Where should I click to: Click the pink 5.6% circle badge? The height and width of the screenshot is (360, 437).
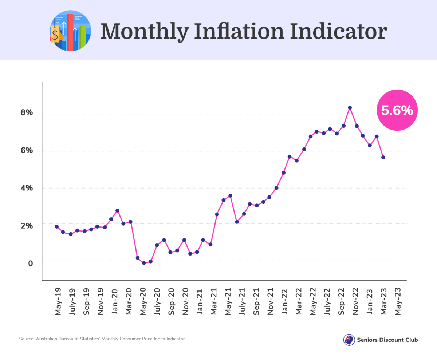click(397, 110)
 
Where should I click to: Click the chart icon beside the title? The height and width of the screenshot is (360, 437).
click(70, 31)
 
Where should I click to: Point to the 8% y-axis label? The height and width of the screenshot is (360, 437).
click(27, 112)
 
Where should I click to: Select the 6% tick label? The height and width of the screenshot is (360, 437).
click(27, 150)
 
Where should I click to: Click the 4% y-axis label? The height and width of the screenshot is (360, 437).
click(27, 188)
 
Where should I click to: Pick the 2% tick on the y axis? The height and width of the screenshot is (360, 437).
click(27, 226)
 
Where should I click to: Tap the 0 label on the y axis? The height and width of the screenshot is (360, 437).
click(31, 263)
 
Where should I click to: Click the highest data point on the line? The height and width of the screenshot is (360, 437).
click(350, 108)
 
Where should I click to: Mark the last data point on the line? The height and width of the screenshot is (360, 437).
click(383, 157)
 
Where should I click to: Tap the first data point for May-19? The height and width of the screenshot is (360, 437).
click(57, 226)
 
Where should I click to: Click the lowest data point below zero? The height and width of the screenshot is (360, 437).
click(144, 263)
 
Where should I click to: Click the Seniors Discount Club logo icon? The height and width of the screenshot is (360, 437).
click(349, 340)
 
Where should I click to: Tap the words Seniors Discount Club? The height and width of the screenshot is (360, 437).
click(388, 340)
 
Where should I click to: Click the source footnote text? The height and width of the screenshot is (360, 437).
click(102, 339)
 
